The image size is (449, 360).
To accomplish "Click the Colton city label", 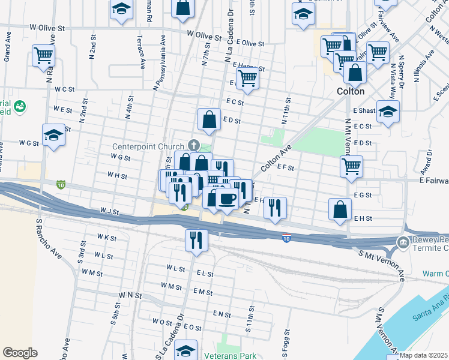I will (x=351, y=92).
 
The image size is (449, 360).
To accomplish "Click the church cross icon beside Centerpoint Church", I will (x=193, y=145).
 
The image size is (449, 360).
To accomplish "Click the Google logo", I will (x=20, y=352).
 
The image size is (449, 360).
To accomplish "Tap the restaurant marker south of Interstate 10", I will (x=196, y=241).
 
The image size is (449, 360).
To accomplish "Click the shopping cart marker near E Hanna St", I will (x=247, y=78).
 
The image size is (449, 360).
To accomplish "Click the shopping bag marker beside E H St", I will (x=340, y=209).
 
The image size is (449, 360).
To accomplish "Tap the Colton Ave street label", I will (x=276, y=158).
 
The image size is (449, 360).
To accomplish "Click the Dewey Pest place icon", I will (x=402, y=243).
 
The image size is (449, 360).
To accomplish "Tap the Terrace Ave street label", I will (x=142, y=54).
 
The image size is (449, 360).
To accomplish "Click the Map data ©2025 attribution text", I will (x=424, y=355).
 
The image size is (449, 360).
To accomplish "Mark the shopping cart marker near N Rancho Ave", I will (x=43, y=56).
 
